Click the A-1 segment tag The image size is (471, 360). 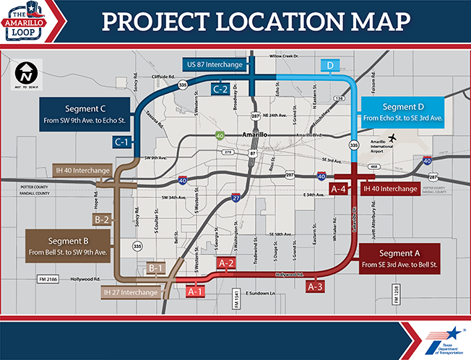(x=194, y=291)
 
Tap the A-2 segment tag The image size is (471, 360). (x=226, y=264)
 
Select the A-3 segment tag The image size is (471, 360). (x=316, y=287)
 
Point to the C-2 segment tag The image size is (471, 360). (x=221, y=89)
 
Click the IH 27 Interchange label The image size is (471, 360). (x=129, y=292)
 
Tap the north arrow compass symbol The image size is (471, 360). (x=25, y=73)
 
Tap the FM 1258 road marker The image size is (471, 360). (x=395, y=291)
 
